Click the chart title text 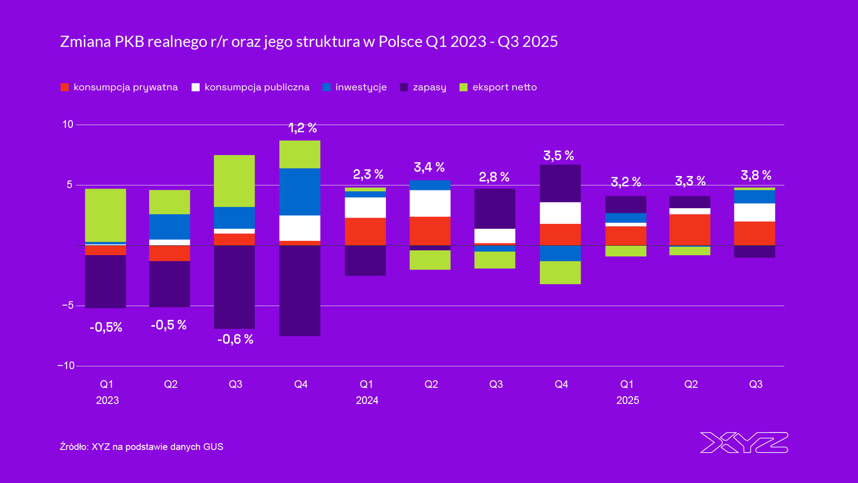[x=309, y=42]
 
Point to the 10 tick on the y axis [x=68, y=124]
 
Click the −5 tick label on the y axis [x=68, y=305]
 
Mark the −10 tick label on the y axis [x=66, y=365]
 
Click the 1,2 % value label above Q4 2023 [x=302, y=128]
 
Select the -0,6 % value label [x=235, y=340]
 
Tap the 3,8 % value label [x=756, y=175]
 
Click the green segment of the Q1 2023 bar [x=105, y=215]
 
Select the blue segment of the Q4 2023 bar [x=300, y=192]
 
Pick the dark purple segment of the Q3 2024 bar [x=495, y=209]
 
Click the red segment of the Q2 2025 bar [x=690, y=230]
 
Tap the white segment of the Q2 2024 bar [x=430, y=203]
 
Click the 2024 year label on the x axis [x=367, y=400]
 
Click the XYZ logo [x=744, y=442]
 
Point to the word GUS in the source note [x=213, y=447]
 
